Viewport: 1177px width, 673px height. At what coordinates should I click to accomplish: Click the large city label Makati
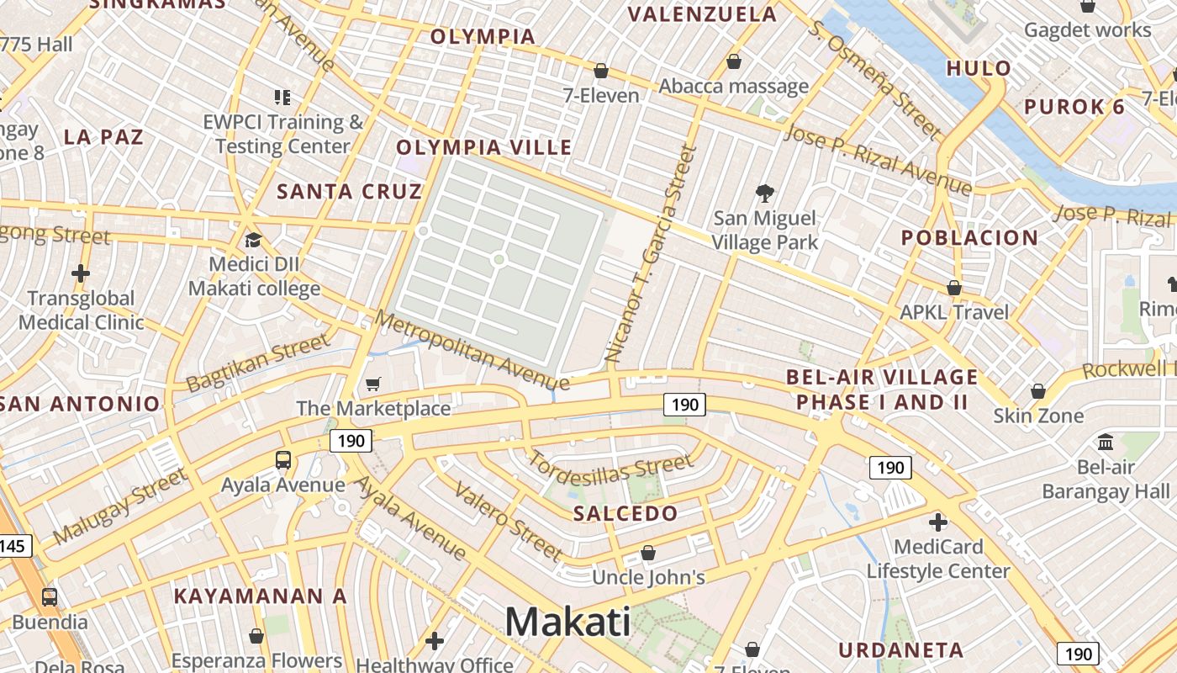567,623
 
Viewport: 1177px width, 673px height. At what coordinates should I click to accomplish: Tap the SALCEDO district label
625,513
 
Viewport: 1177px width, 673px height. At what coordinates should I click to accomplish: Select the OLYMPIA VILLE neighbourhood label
484,148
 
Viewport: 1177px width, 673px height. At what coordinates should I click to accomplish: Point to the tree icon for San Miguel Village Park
765,194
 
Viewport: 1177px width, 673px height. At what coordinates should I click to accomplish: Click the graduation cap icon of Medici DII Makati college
253,241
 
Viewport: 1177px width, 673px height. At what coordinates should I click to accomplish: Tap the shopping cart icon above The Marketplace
373,384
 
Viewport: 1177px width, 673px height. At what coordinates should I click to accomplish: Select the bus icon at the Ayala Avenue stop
283,460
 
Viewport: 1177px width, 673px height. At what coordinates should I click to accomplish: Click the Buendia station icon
50,597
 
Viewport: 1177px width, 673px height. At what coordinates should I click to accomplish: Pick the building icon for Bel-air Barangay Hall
1106,442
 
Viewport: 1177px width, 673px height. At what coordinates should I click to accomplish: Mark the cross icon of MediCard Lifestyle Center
938,522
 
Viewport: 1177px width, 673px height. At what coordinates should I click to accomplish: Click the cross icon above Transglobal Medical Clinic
81,273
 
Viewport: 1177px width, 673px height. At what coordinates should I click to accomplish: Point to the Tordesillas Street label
610,469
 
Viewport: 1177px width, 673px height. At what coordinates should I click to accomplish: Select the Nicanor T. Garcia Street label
652,254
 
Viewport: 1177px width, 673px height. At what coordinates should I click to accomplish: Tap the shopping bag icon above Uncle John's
647,553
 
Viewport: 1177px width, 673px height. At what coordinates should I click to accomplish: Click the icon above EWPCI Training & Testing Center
282,98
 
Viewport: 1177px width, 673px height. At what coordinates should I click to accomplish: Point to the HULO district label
979,69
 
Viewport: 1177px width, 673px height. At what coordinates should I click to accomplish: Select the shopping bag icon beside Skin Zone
1038,391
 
